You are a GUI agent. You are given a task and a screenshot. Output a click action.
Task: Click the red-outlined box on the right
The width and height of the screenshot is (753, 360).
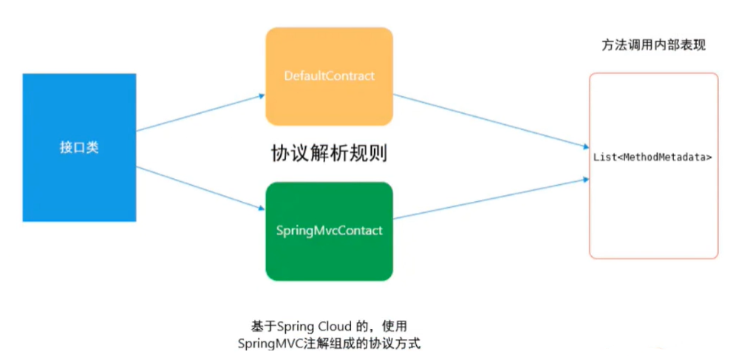(x=653, y=222)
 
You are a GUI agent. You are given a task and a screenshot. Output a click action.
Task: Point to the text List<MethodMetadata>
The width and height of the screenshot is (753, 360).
(x=653, y=157)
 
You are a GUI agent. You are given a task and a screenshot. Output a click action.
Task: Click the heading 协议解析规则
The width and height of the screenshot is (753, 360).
(x=330, y=154)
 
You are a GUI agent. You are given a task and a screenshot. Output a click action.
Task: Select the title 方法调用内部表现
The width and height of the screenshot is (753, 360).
(x=653, y=46)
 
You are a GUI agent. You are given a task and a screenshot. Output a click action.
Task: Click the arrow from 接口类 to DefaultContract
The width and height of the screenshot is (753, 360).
(x=200, y=113)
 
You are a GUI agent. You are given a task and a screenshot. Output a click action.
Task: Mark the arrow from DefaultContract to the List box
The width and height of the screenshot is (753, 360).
(x=488, y=119)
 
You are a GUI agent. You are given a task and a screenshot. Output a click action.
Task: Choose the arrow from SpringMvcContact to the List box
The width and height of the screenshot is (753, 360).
(x=488, y=198)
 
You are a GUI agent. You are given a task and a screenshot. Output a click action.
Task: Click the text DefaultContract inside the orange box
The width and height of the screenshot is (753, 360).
(x=329, y=76)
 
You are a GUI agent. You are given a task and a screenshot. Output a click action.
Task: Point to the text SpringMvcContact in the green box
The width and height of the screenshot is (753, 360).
(x=329, y=231)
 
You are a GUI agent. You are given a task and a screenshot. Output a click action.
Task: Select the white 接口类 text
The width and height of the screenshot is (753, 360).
(x=79, y=147)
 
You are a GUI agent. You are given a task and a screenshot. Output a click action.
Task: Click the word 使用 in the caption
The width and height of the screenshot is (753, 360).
(x=395, y=326)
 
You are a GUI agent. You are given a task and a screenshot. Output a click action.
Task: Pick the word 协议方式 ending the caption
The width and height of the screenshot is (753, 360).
(x=397, y=343)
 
